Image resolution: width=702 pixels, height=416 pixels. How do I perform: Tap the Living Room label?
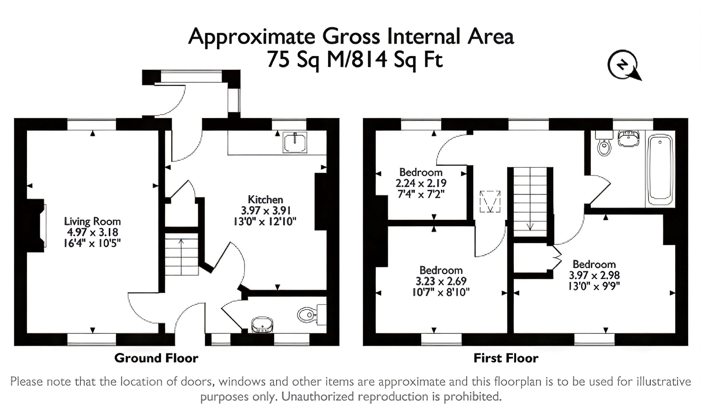[x=92, y=221]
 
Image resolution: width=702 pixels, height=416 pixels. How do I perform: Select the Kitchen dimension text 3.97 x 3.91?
[x=265, y=211]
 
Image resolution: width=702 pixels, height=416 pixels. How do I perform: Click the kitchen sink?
[x=295, y=142]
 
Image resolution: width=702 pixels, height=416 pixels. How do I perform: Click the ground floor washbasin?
[x=262, y=325]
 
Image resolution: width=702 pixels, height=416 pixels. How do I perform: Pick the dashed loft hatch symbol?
[x=490, y=202]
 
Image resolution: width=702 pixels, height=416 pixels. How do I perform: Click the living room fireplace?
[x=38, y=226]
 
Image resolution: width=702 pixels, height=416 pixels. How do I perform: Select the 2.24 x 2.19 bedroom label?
[x=421, y=183]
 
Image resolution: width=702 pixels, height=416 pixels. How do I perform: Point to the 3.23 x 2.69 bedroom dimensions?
[x=441, y=281]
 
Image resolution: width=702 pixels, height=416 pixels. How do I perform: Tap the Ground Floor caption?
[x=156, y=358]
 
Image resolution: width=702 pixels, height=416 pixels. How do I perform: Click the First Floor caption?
[x=506, y=358]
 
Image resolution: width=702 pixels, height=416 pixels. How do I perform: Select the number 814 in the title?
[x=369, y=59]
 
